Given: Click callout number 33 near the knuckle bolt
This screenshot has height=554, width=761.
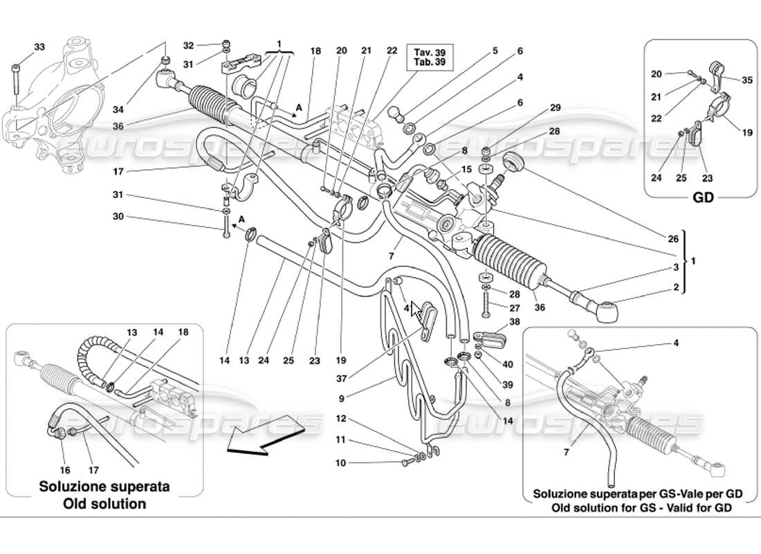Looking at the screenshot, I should [x=39, y=47].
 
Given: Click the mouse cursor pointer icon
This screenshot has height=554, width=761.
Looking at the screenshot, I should [x=416, y=310].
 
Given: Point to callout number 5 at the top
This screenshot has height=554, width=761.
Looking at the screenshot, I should [x=495, y=50].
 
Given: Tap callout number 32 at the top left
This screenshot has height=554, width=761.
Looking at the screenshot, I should [x=188, y=45].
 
